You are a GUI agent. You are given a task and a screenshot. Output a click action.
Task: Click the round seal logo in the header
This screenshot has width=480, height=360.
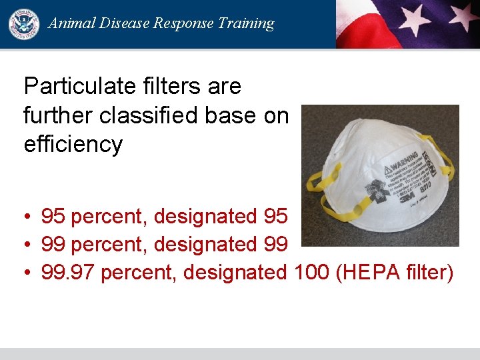tap(24, 24)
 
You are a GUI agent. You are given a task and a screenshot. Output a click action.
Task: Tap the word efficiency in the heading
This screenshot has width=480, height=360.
tap(73, 144)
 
